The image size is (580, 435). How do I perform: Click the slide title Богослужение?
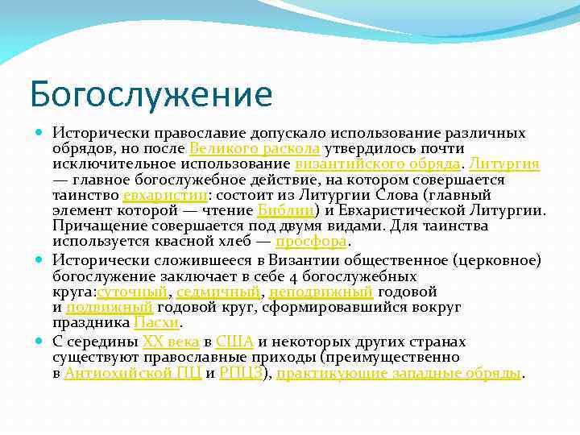click(x=151, y=94)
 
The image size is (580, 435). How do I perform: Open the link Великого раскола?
click(x=255, y=149)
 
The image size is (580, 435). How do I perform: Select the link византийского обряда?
click(x=377, y=164)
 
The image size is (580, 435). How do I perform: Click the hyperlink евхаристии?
click(x=164, y=195)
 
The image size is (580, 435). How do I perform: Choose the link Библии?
click(x=285, y=210)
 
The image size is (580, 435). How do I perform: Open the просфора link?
click(x=311, y=241)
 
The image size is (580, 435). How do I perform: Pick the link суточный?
click(x=132, y=292)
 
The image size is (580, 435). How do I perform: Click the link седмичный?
click(x=217, y=292)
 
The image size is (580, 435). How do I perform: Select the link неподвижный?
click(x=320, y=292)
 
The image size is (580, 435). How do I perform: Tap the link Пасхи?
click(x=156, y=322)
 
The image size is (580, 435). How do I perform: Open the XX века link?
click(x=171, y=342)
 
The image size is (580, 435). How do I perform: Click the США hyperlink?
click(x=235, y=342)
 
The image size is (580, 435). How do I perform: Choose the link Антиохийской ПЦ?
click(x=132, y=373)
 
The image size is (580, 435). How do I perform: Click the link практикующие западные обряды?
click(x=399, y=373)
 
